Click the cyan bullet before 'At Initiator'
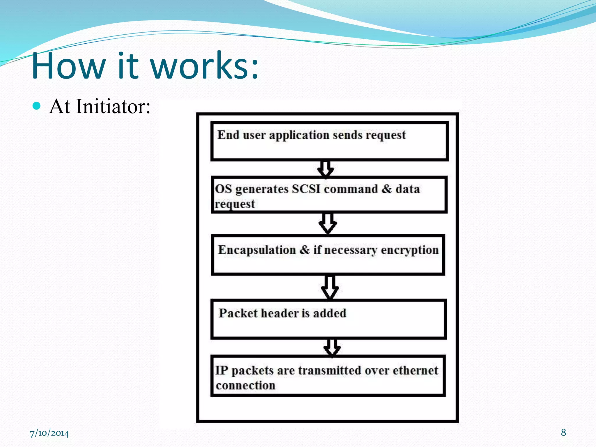(x=37, y=106)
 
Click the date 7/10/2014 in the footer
(x=49, y=433)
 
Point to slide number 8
(x=563, y=432)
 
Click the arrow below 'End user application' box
(x=325, y=169)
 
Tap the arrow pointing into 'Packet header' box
(x=330, y=287)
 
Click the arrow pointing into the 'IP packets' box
(x=332, y=347)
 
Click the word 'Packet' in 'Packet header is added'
(x=238, y=313)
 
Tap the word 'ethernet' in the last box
(x=415, y=371)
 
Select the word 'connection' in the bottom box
(x=245, y=386)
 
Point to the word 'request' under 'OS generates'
(x=235, y=204)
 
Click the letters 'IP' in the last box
(x=221, y=371)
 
